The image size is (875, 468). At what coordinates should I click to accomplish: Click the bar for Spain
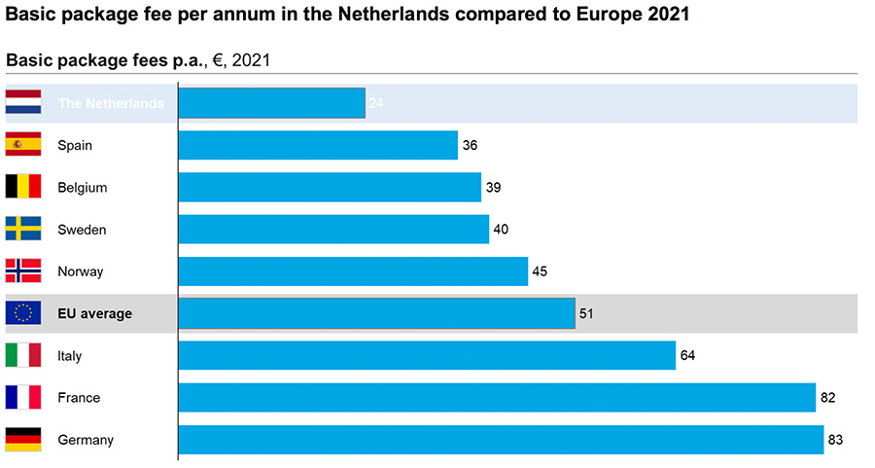coord(318,145)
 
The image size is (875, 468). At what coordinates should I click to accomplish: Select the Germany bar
coord(501,440)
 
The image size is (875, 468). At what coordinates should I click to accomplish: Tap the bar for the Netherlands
coord(271,103)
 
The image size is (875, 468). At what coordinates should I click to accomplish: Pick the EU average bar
coord(376,313)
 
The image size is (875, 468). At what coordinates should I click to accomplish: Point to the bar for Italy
coord(427,355)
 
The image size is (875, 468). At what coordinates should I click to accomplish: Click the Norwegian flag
coord(23,271)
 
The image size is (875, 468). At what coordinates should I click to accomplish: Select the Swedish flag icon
coord(23,230)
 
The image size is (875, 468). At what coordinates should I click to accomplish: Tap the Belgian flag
coord(23,187)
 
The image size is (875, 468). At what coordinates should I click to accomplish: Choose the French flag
coord(23,397)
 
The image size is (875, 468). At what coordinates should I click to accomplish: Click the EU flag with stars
coord(23,313)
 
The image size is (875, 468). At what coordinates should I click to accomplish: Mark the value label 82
coord(827,398)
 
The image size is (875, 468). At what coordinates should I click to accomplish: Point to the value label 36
coord(470,146)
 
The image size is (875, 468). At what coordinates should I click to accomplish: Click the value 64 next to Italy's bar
coord(687,356)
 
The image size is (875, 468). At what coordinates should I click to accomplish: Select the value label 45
coord(540,271)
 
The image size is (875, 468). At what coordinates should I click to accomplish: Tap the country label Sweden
coord(82,230)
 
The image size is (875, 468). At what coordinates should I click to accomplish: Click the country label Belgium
coord(83,187)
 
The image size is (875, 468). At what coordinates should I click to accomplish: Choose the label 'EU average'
coord(94,313)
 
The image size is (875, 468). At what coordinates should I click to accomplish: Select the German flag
coord(23,440)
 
